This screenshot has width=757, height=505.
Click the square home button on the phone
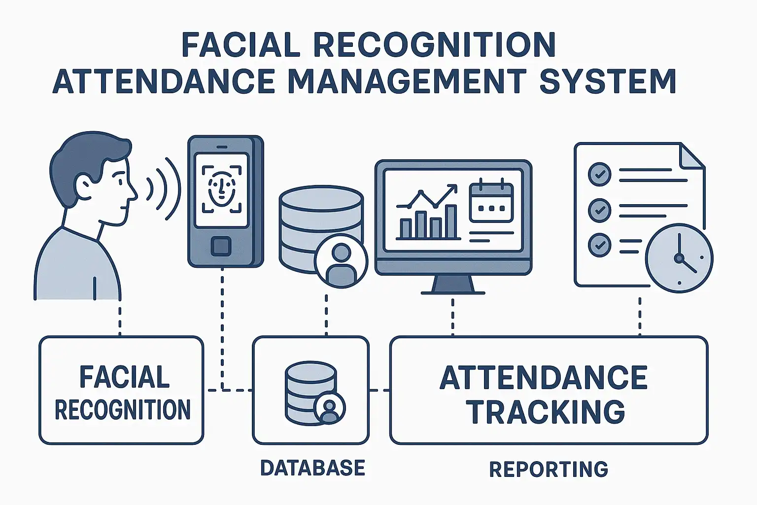pos(221,246)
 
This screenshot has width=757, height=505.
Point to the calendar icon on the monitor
pos(491,202)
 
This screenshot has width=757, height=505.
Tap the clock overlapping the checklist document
pos(679,258)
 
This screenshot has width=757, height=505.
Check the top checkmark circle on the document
pos(600,174)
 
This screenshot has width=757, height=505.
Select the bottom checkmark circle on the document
pos(600,245)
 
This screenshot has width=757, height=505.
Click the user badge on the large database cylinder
pos(341,260)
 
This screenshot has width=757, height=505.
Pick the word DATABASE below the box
pos(312,468)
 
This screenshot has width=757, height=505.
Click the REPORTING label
pos(548,469)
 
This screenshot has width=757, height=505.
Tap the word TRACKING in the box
pos(546,412)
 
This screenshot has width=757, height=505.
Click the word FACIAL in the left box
pos(124,377)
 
